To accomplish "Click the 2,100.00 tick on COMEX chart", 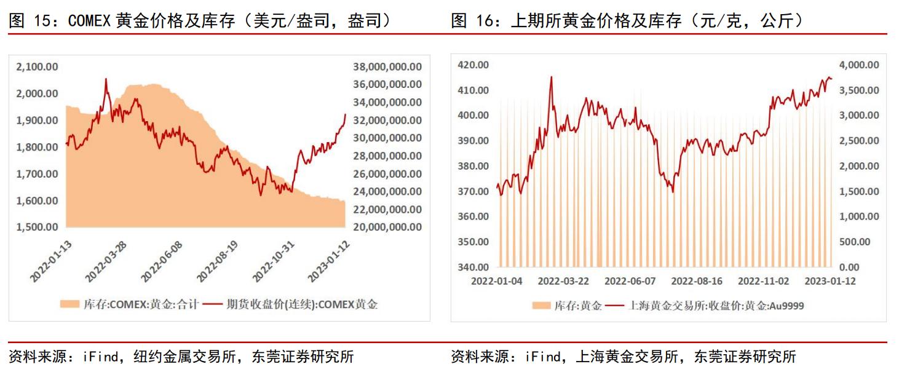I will (x=37, y=66).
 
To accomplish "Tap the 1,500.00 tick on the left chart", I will (x=37, y=227).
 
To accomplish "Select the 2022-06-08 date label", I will (x=163, y=260).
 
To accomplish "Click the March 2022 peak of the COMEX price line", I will (x=106, y=79).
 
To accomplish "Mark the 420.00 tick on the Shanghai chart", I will (x=473, y=65).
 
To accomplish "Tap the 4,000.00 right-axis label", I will (x=859, y=65).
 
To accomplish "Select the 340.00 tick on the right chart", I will (x=473, y=267).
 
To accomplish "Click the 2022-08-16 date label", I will (x=697, y=281).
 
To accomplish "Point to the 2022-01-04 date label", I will (x=497, y=281).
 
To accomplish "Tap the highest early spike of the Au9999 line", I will (x=550, y=77).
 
